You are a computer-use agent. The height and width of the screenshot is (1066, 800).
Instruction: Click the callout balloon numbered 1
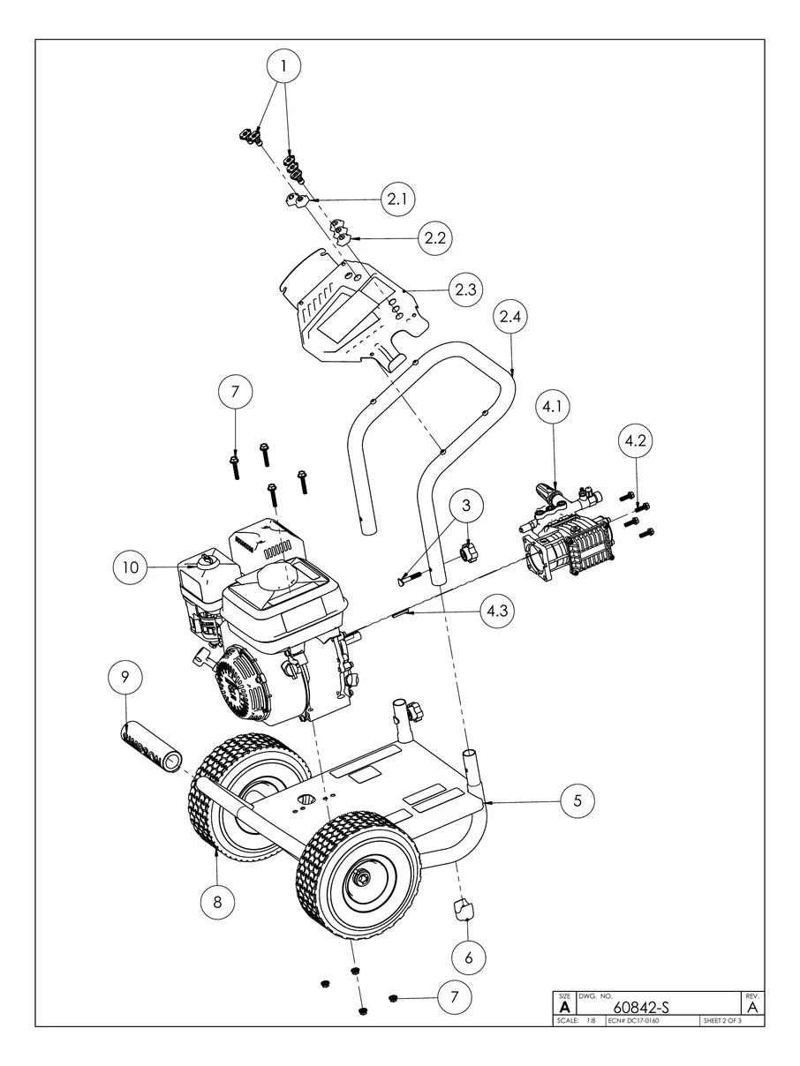tap(283, 66)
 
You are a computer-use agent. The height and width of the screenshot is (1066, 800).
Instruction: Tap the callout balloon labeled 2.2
tap(435, 238)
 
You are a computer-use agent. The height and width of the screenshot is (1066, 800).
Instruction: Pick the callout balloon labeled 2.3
tap(464, 289)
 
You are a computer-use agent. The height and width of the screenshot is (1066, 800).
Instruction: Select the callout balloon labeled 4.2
tap(636, 443)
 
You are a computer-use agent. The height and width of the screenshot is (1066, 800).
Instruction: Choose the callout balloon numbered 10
tap(131, 567)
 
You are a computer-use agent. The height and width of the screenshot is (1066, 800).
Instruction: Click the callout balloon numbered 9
tap(125, 678)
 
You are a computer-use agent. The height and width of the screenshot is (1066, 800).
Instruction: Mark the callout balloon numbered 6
tap(469, 956)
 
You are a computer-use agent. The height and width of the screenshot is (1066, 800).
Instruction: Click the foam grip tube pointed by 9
tap(150, 747)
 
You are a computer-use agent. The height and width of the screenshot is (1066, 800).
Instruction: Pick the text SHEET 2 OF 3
tap(721, 1022)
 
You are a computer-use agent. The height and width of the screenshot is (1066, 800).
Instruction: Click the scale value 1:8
tap(590, 1022)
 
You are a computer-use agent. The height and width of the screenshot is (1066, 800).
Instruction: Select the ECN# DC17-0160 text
tap(634, 1022)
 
